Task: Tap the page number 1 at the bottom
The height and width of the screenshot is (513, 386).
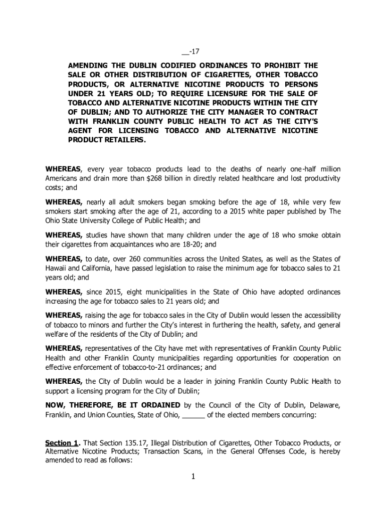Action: click(x=193, y=476)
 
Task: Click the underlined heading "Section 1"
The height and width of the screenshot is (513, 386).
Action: click(x=62, y=443)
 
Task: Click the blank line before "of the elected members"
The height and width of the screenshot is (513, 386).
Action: click(x=193, y=415)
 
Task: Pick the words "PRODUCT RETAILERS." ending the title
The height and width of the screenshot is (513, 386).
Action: click(x=107, y=140)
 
